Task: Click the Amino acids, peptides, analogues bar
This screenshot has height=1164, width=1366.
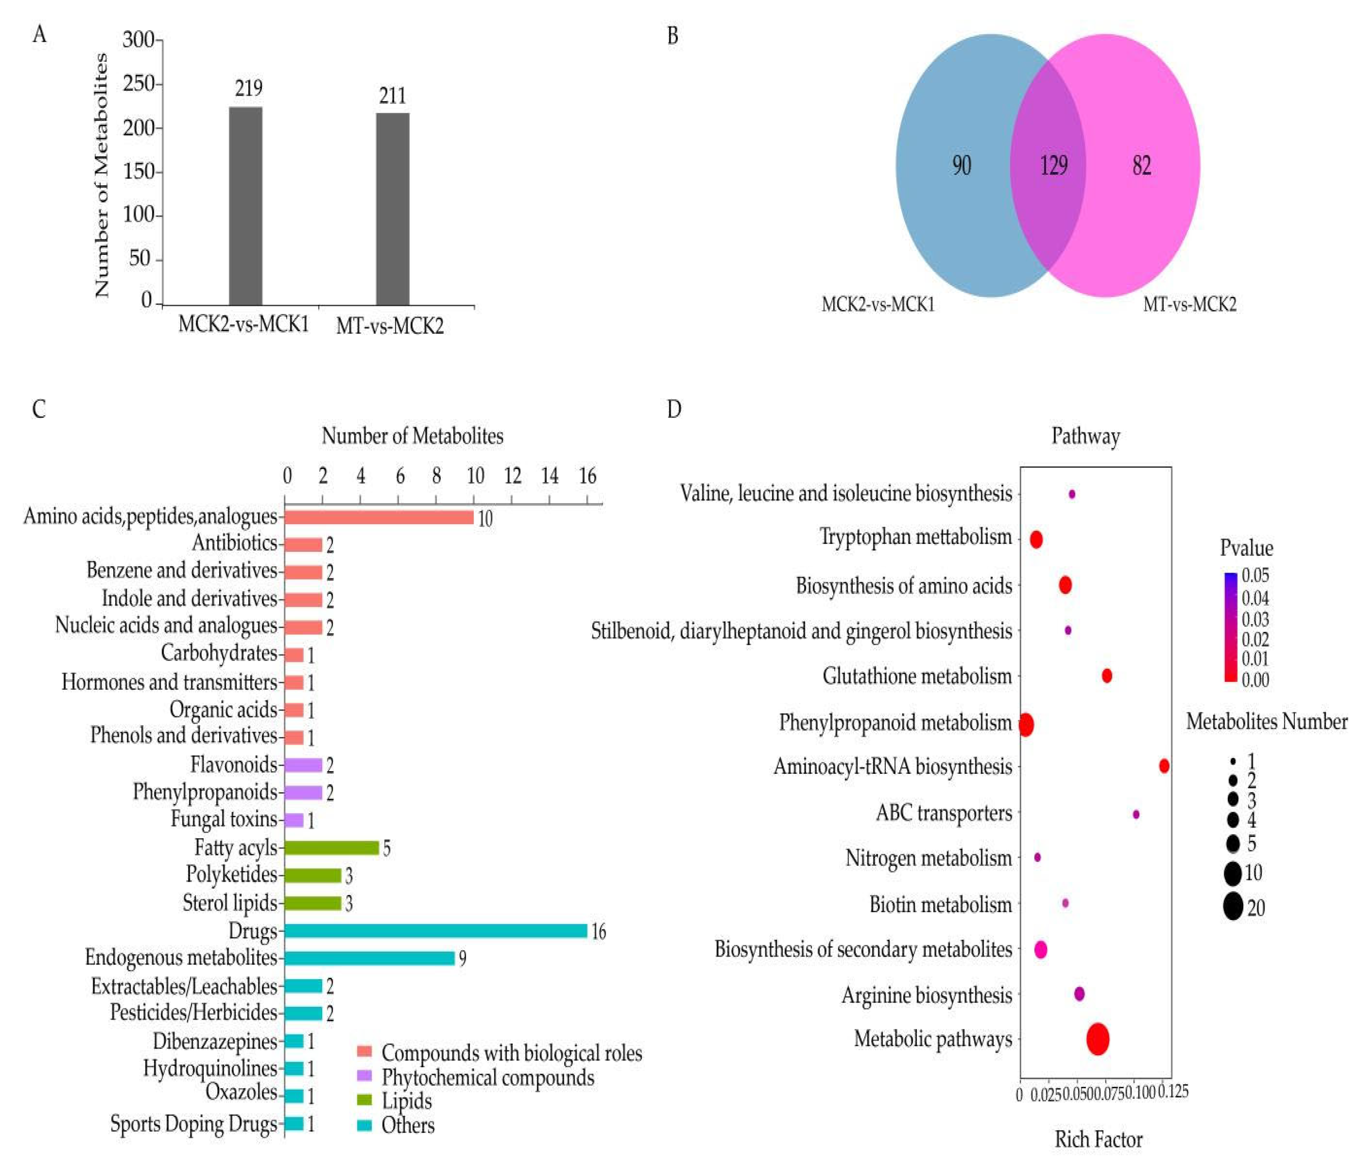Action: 379,517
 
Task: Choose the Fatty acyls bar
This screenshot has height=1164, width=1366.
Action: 332,847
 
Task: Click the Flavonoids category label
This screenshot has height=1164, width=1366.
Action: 233,764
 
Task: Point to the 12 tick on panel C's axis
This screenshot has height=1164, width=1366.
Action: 512,476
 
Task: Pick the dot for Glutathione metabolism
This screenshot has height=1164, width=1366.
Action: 1107,675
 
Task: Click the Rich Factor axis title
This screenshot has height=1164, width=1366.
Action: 1098,1139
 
